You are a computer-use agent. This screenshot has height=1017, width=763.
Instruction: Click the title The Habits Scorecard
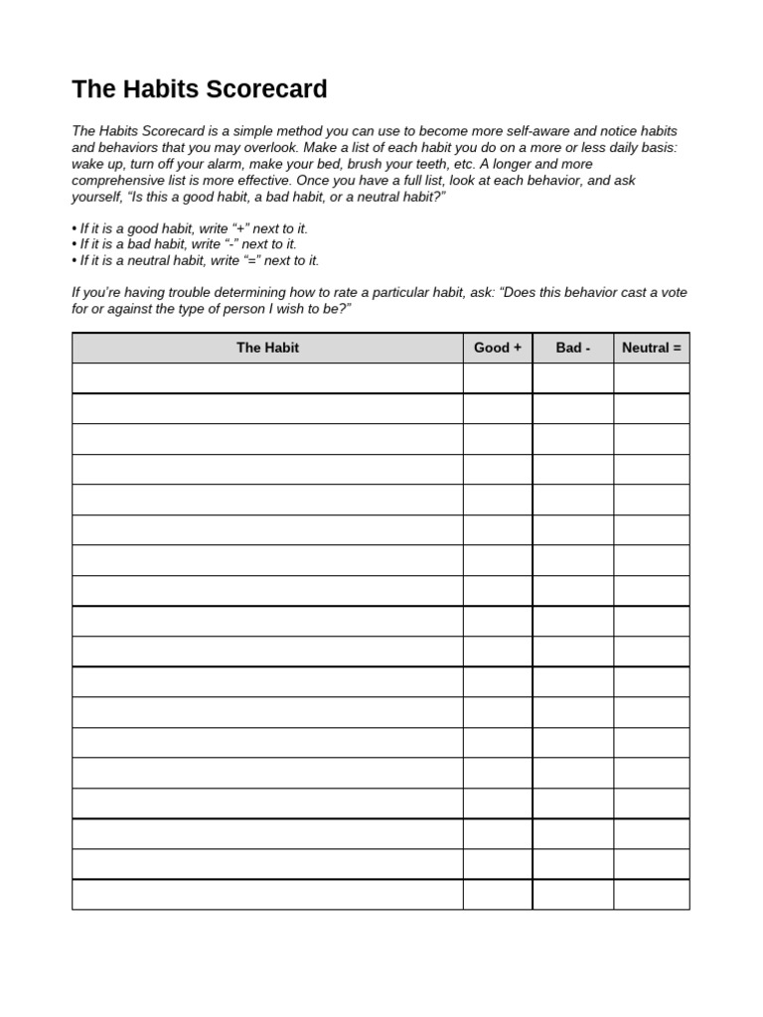click(199, 89)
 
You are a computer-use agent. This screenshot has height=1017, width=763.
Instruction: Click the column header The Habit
click(267, 348)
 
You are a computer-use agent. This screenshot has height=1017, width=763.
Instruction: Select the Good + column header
click(497, 348)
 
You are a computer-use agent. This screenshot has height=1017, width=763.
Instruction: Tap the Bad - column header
click(572, 348)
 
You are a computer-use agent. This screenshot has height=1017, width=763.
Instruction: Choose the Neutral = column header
click(651, 348)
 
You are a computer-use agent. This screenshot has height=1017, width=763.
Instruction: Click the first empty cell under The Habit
click(267, 378)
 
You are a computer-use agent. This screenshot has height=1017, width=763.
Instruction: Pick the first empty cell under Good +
click(497, 378)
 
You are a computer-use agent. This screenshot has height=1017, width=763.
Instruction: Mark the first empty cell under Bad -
click(572, 378)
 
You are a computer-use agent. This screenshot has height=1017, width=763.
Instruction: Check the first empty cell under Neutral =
click(651, 378)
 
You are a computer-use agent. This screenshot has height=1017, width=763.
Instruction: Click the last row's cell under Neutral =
click(651, 894)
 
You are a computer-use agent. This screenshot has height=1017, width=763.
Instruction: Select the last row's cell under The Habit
click(267, 894)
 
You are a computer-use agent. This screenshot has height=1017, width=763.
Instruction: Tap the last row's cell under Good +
click(497, 894)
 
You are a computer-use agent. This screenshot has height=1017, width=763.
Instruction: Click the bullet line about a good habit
click(190, 228)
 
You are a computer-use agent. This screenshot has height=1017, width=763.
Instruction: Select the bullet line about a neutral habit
click(196, 260)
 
